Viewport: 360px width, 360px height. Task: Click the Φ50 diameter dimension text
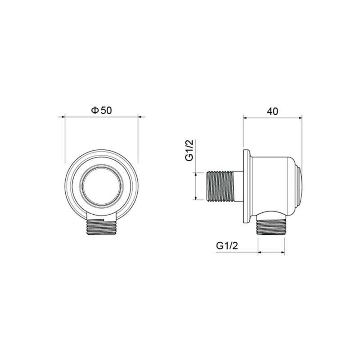pos(101,110)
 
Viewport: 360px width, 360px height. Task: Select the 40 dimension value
pos(272,110)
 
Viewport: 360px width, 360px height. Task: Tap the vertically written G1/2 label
pos(189,150)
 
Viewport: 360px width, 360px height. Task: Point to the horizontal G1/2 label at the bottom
pos(227,246)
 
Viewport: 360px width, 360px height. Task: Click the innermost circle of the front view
pos(101,185)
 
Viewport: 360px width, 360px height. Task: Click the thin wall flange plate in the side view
pos(245,185)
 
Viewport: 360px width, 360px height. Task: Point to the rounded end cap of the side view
pos(299,185)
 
